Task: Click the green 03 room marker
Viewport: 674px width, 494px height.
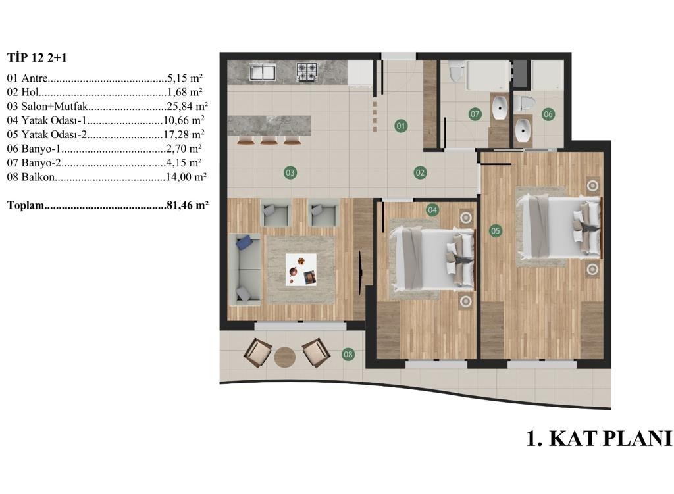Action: [x=290, y=173]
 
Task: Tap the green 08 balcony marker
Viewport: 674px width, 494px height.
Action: [x=348, y=355]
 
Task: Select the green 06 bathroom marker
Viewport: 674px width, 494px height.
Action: [x=548, y=114]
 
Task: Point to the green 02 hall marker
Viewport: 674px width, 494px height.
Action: [x=420, y=173]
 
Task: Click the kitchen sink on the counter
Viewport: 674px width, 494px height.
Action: [x=262, y=72]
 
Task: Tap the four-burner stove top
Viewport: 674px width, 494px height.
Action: [x=307, y=72]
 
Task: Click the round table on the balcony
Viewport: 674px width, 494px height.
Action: [x=284, y=357]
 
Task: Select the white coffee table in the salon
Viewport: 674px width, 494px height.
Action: [x=301, y=269]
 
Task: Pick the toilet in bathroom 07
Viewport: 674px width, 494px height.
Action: [x=455, y=70]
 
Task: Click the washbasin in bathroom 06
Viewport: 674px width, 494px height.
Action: [x=523, y=130]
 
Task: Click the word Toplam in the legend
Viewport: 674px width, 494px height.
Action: [x=26, y=205]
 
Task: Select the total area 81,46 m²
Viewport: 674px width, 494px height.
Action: [x=188, y=205]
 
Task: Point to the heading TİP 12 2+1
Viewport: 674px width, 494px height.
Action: [x=37, y=58]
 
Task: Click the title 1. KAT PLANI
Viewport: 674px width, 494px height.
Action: [x=599, y=439]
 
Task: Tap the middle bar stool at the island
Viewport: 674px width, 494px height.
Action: [x=269, y=141]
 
